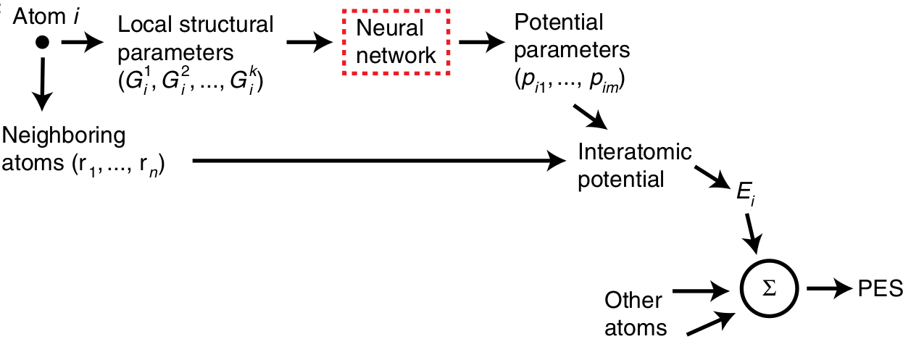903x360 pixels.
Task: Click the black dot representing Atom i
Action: [42, 43]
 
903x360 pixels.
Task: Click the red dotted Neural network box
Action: [396, 43]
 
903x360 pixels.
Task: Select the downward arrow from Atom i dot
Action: [42, 85]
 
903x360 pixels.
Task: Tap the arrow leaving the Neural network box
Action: [481, 43]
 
